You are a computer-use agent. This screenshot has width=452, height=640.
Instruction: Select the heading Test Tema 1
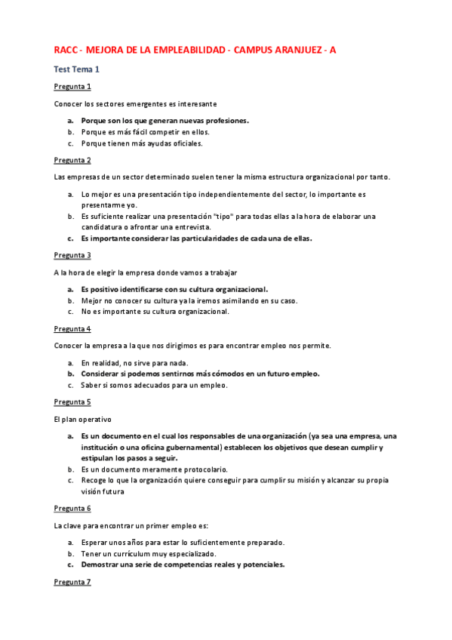77,69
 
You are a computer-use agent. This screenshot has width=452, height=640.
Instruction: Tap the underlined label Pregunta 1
72,86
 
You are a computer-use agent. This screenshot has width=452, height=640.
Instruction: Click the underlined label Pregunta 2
72,160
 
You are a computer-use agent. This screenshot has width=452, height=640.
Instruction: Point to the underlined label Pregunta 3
72,255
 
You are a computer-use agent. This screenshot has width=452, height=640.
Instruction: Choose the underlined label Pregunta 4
72,329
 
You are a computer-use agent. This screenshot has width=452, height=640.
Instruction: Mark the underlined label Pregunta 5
72,402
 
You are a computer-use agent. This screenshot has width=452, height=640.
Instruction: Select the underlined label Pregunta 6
72,508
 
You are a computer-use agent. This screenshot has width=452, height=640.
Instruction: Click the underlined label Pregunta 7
72,582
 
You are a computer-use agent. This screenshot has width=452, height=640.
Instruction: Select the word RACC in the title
66,50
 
